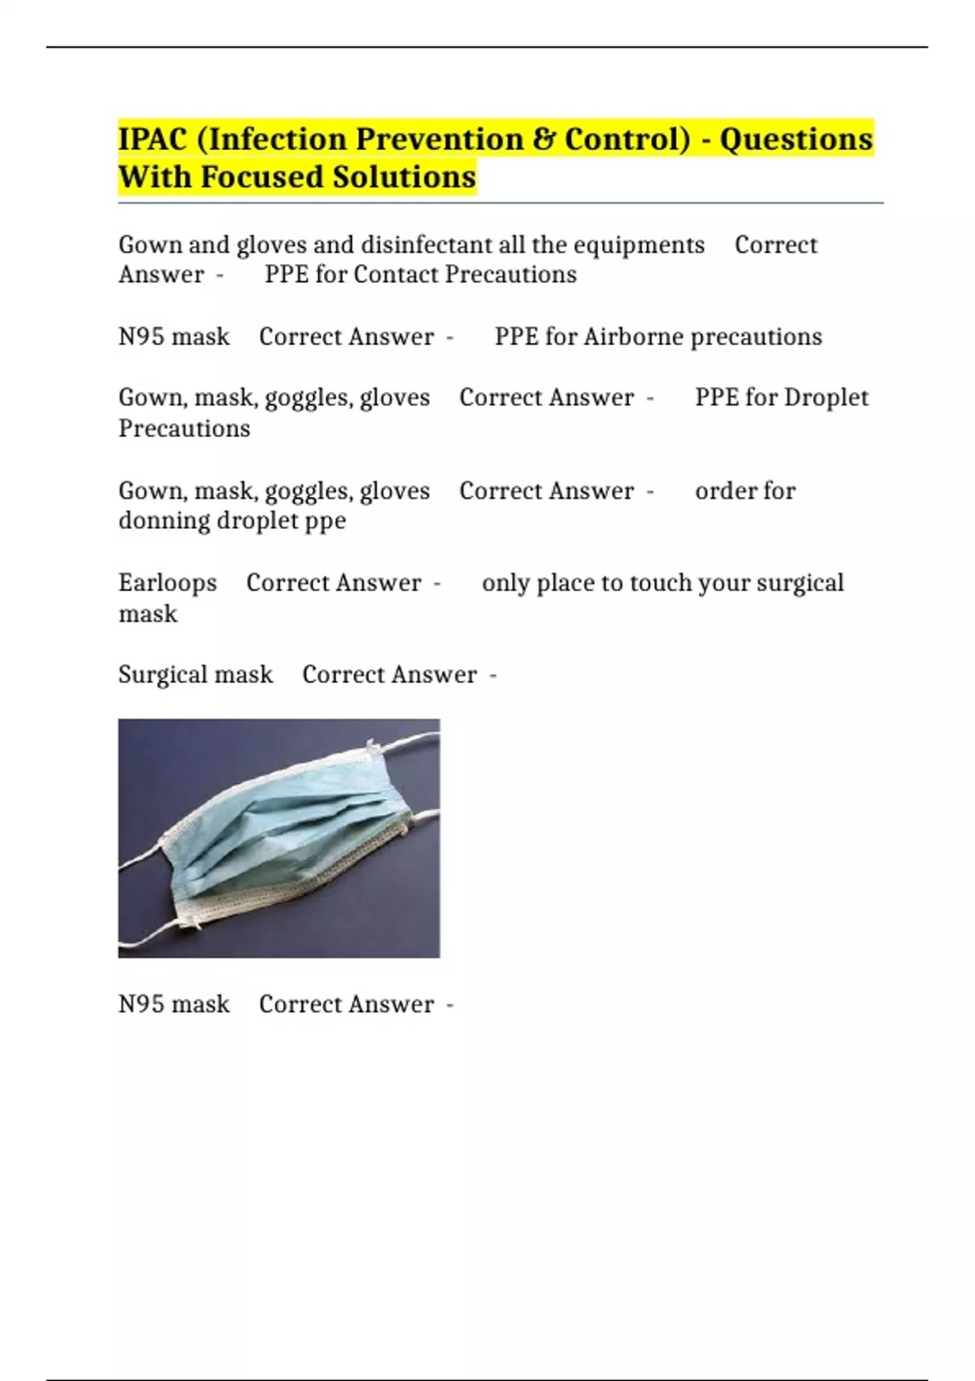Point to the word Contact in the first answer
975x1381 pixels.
396,275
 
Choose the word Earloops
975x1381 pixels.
167,582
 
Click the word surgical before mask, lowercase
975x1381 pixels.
799,582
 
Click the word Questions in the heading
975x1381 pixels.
796,139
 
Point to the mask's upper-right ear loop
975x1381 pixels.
410,741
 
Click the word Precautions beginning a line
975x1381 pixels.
184,428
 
